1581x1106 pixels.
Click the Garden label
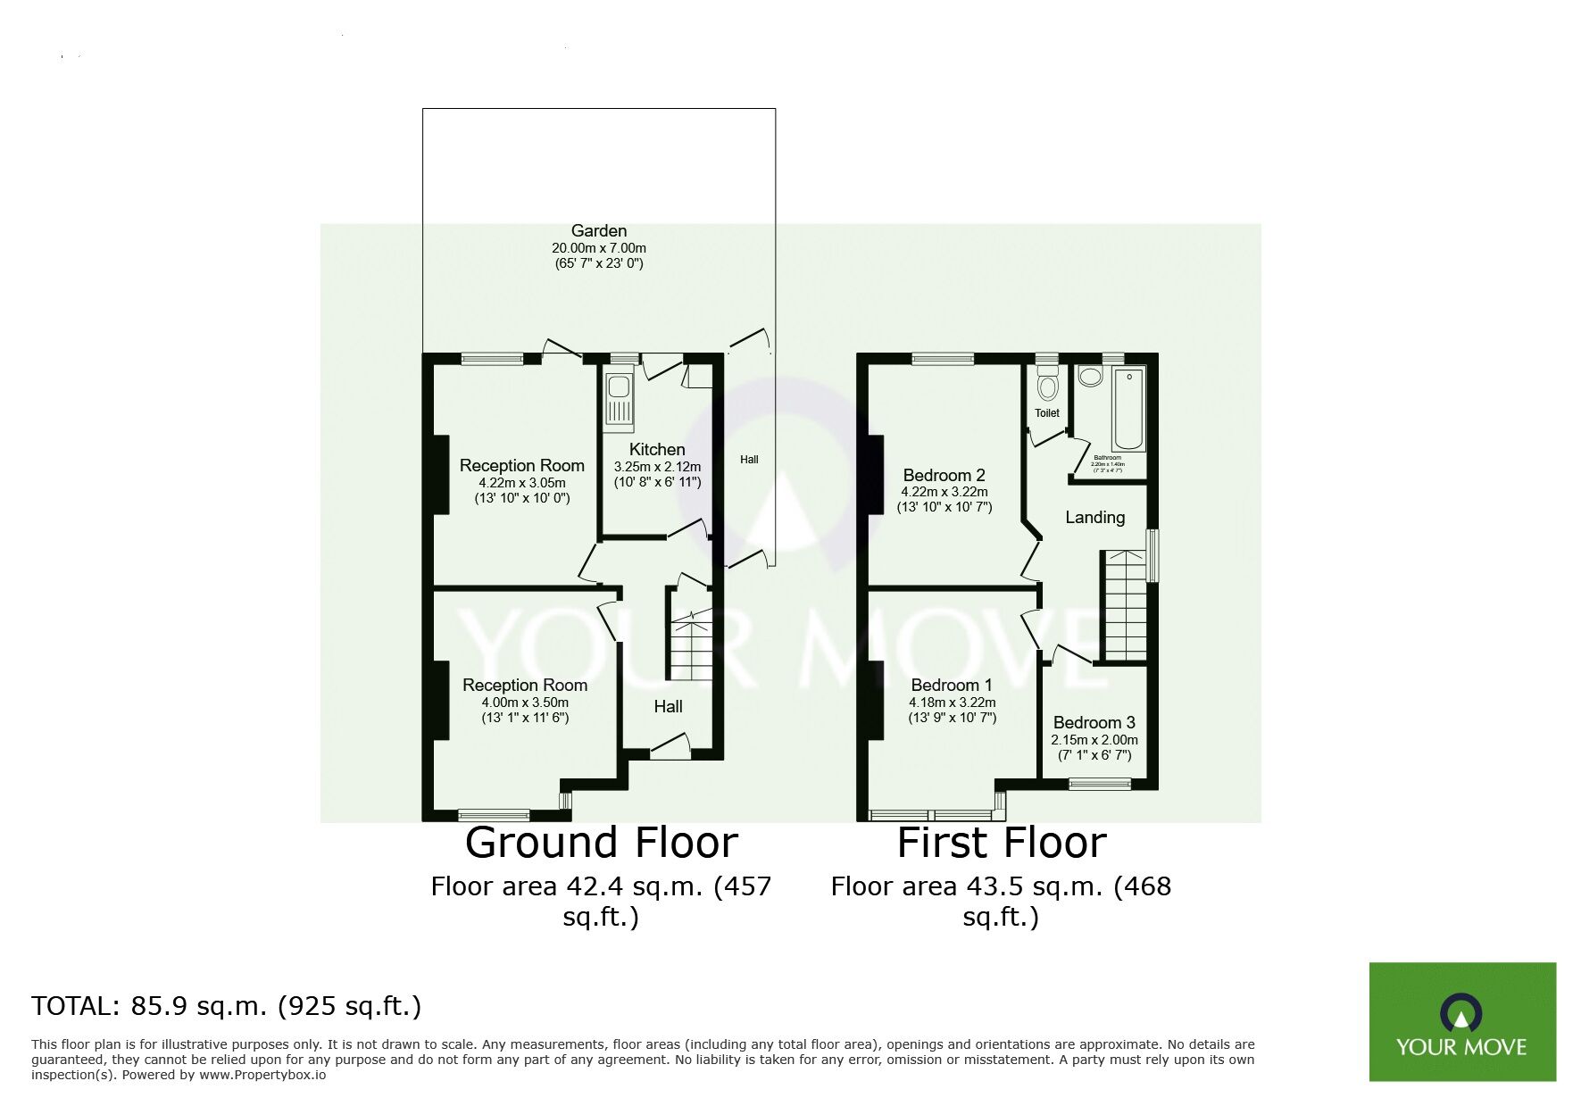599,231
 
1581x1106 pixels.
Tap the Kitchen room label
657,450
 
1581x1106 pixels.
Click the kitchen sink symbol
618,398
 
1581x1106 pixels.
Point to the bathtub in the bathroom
1128,409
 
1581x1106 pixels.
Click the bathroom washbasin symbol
1090,377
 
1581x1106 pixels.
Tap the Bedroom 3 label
1094,723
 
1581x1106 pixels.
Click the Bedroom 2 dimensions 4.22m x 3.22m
944,492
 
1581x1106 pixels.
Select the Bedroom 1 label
951,686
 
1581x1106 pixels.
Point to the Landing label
1094,518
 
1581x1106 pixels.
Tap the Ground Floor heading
601,843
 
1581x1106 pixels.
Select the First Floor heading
1001,843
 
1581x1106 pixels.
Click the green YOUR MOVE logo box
1461,1021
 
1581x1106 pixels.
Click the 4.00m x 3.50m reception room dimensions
524,703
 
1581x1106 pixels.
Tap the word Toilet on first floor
1047,413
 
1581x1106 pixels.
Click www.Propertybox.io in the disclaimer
262,1075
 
